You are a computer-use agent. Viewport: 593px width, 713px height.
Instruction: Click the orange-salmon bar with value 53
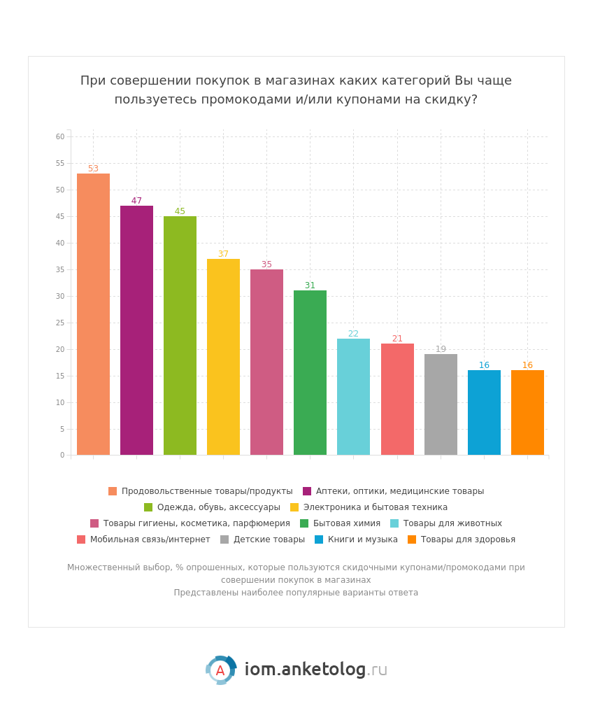coord(93,314)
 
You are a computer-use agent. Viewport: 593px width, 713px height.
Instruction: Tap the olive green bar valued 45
coord(180,336)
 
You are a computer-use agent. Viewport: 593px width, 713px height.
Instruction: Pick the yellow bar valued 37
coord(223,357)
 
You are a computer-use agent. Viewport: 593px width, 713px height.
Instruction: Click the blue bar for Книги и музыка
coord(484,412)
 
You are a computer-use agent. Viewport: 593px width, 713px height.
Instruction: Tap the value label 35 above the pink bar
coord(266,264)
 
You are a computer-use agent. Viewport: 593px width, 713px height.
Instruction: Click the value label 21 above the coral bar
coord(397,339)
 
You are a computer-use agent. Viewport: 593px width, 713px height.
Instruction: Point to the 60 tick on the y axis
coord(60,137)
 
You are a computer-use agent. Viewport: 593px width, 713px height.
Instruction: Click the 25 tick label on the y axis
coord(60,323)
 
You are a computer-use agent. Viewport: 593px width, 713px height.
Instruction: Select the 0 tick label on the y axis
coord(62,456)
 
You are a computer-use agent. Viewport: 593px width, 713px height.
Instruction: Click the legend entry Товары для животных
coord(452,523)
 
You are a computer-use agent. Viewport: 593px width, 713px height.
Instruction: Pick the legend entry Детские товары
coord(269,539)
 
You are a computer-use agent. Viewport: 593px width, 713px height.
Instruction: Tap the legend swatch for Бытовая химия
coord(304,523)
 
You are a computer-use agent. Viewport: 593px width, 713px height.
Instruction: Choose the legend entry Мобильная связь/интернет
coord(150,539)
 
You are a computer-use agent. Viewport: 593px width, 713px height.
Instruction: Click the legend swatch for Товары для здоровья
coord(412,539)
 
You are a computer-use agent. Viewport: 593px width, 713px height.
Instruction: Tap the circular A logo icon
coord(220,670)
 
